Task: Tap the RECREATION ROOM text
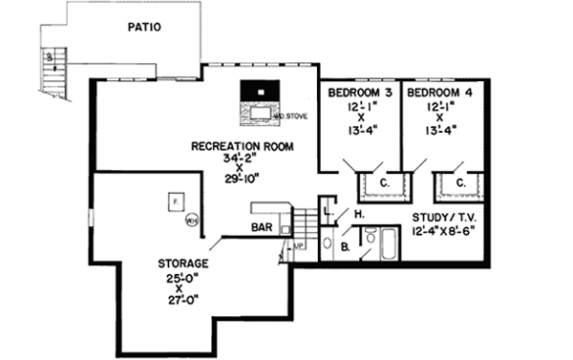242,146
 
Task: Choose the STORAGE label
184,263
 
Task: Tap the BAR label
263,227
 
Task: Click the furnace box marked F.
175,202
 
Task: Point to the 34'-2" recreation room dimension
242,159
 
